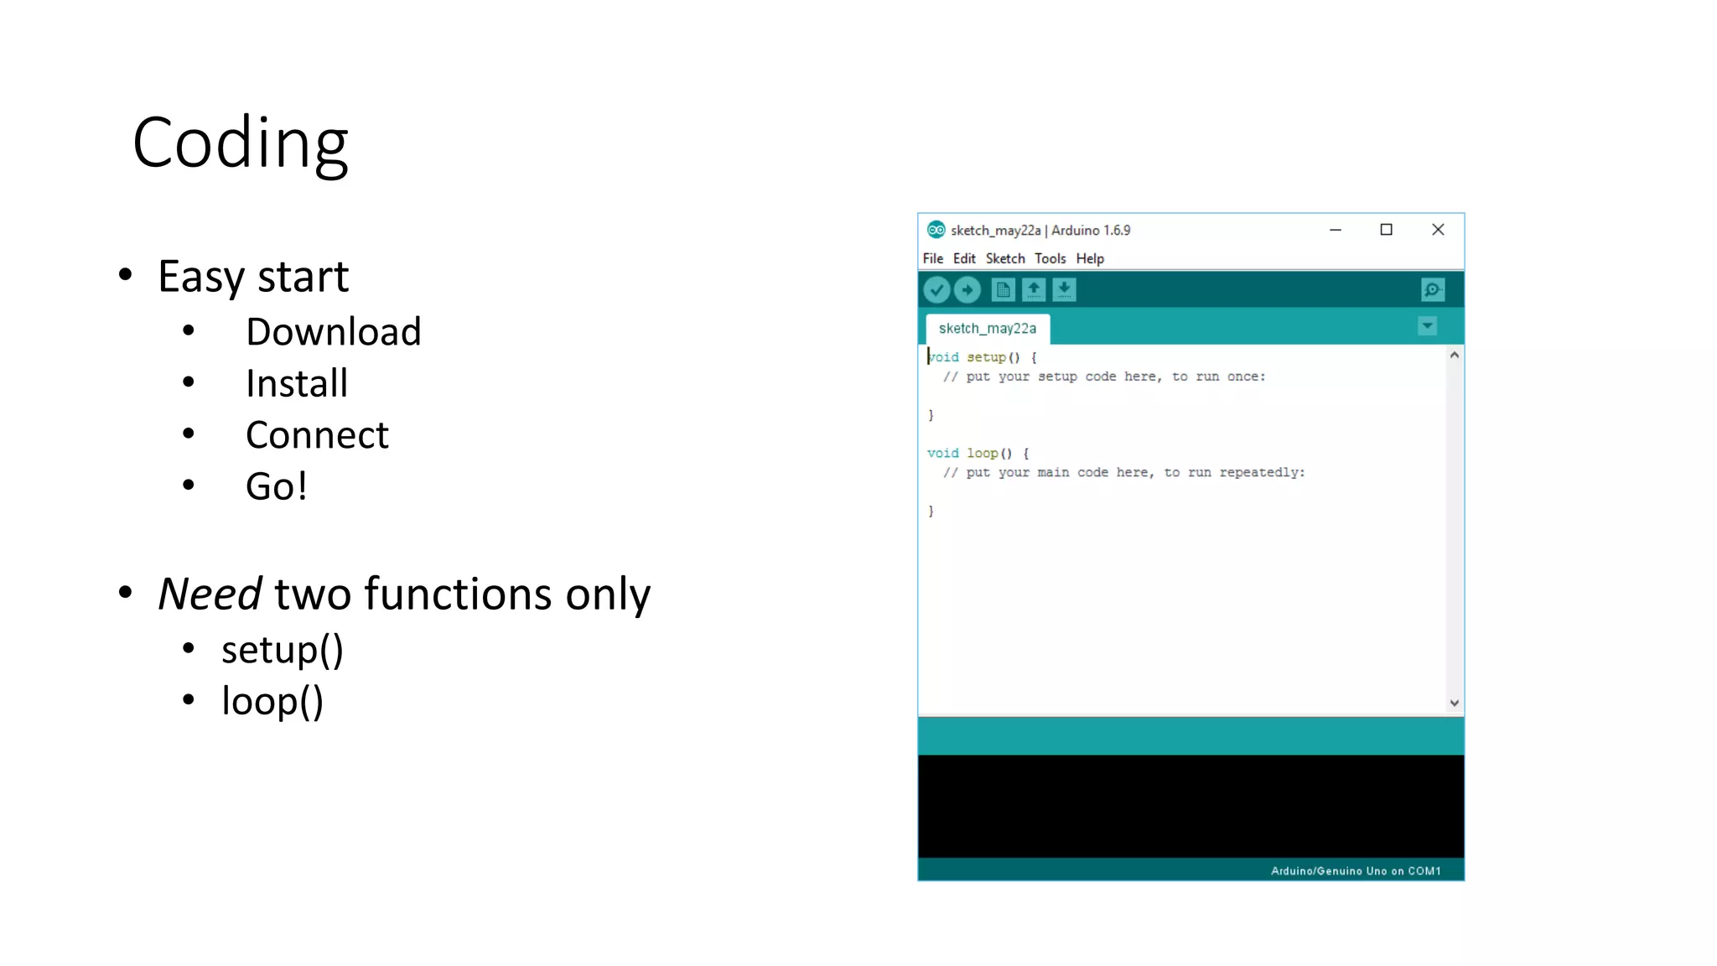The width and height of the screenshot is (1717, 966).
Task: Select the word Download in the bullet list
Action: tap(333, 332)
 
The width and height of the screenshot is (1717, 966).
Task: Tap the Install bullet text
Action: tap(296, 384)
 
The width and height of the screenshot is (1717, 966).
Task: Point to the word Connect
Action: tap(317, 435)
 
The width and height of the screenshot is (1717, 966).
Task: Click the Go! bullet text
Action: tap(276, 486)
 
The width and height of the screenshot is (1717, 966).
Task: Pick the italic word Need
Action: tap(210, 595)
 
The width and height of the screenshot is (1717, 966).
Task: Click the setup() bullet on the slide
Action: tap(282, 651)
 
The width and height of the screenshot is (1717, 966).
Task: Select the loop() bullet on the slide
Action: tap(272, 702)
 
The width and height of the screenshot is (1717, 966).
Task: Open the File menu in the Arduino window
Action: tap(932, 258)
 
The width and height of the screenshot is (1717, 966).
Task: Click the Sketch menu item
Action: tap(1004, 258)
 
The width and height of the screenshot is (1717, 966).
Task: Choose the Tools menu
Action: tap(1050, 258)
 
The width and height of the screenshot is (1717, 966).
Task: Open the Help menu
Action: tap(1090, 258)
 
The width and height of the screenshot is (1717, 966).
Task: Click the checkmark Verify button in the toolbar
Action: tap(936, 290)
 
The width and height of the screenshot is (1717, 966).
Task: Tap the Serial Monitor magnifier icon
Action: tap(1432, 290)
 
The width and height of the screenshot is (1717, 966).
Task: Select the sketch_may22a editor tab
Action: tap(987, 328)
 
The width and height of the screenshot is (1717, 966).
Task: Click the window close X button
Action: tap(1438, 230)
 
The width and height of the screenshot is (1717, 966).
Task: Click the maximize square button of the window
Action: tap(1386, 230)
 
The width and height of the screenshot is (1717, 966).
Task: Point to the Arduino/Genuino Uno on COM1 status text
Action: tap(1355, 870)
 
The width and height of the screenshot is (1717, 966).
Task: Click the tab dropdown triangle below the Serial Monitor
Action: tap(1427, 326)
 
